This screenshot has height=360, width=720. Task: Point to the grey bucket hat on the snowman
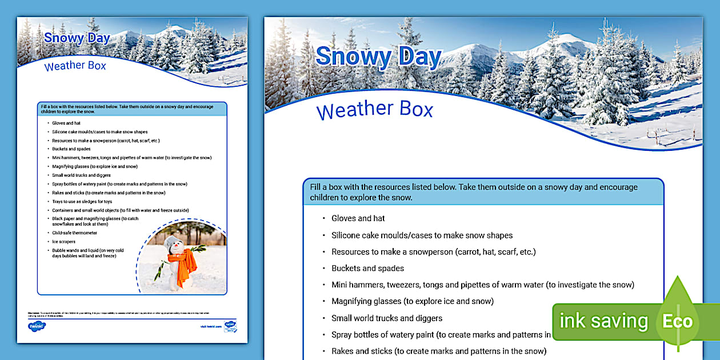[x=171, y=241]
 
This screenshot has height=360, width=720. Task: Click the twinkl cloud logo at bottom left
[x=37, y=326]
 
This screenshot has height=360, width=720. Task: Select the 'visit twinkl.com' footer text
[x=210, y=327]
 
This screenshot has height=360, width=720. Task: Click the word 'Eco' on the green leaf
[x=677, y=321]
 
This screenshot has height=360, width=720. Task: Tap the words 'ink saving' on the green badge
[x=603, y=321]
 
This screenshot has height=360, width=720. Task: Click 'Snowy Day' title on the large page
[x=378, y=57]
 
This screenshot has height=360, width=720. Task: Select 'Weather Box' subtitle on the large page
[x=375, y=110]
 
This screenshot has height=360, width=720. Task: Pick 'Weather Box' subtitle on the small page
[x=75, y=66]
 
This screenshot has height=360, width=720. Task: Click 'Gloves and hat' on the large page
[x=358, y=218]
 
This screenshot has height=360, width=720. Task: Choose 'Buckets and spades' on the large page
[x=367, y=268]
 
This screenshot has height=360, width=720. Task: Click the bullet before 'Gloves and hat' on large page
[x=323, y=218]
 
